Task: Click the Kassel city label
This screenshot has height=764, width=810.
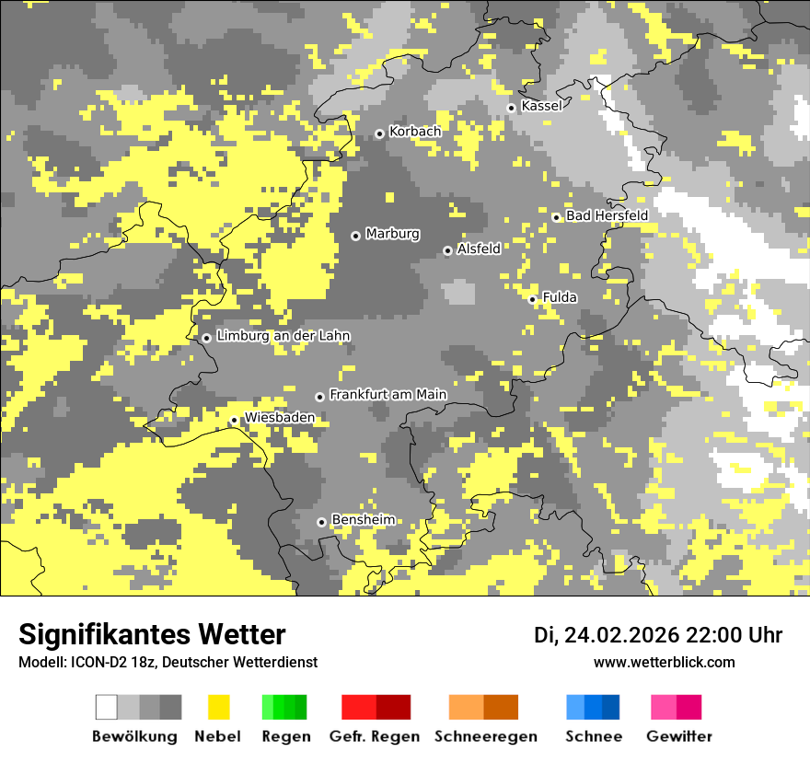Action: [541, 106]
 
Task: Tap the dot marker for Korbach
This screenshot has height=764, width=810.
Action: [379, 133]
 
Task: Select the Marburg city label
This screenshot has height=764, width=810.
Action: [392, 234]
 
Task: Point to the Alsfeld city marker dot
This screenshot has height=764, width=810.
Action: [448, 250]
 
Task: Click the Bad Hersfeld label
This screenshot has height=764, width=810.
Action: [607, 215]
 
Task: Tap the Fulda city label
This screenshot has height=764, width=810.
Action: [560, 297]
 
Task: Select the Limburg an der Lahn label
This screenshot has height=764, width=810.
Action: [283, 336]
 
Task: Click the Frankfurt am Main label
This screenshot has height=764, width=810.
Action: [388, 395]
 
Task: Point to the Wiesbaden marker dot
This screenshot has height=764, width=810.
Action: [234, 421]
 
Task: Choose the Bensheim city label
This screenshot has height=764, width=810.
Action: [363, 520]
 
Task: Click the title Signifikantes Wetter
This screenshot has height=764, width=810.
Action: [152, 634]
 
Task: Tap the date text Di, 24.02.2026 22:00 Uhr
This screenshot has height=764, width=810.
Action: [658, 635]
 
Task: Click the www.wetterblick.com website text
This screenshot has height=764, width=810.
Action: [665, 662]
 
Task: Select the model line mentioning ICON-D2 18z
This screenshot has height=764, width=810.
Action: [168, 662]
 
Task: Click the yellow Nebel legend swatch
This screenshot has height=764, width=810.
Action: [219, 707]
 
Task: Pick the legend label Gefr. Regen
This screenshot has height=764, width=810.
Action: [375, 736]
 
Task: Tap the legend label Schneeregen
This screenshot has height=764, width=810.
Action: [485, 736]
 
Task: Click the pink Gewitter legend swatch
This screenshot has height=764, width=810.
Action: [664, 707]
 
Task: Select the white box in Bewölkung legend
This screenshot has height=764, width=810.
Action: [107, 707]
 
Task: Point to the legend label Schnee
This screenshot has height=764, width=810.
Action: [594, 736]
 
